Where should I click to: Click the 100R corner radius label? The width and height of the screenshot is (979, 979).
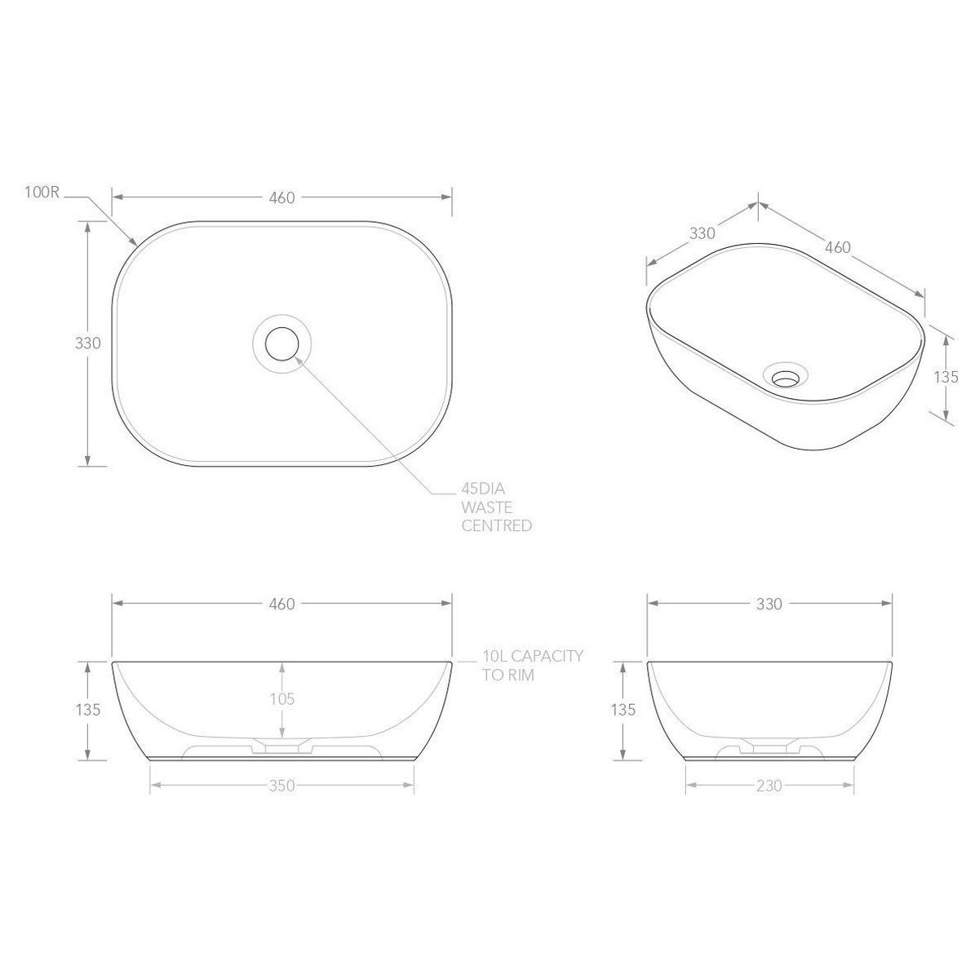coord(42,193)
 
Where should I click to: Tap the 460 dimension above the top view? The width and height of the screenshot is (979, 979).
coord(281,197)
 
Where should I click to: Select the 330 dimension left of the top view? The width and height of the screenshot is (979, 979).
coord(88,343)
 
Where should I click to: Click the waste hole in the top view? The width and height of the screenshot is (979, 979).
coord(282,343)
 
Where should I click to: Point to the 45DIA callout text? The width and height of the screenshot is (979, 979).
coord(483,489)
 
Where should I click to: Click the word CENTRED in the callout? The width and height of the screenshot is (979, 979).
coord(496,525)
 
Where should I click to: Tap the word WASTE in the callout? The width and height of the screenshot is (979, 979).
coord(487,507)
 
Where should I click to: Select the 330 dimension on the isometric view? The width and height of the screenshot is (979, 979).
coord(702,233)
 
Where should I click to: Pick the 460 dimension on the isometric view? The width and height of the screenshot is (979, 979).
coord(837,247)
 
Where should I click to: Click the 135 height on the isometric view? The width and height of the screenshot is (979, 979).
coord(946,377)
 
